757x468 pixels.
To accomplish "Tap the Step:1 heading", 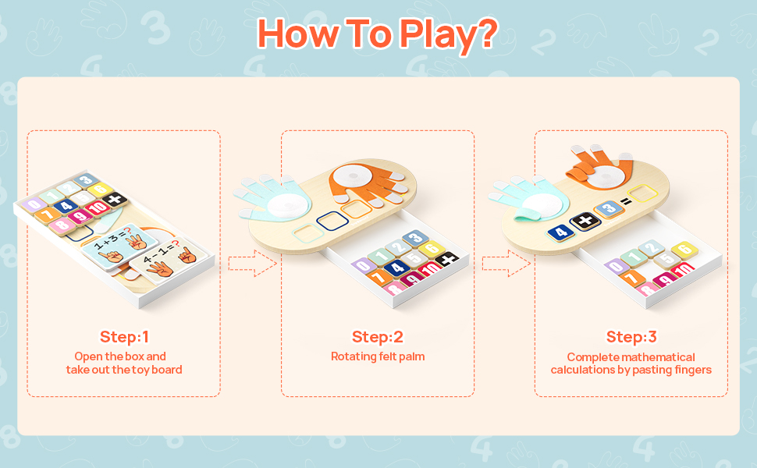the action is coord(124,337).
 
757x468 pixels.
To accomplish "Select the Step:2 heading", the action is coord(378,337).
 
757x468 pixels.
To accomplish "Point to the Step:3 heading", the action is coord(631,337).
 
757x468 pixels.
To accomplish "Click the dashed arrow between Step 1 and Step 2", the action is coord(253,264).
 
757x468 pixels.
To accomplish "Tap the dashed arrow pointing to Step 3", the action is coord(506,264).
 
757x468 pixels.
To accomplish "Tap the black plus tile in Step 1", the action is coord(115,199).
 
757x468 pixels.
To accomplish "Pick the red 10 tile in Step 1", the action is coord(98,208).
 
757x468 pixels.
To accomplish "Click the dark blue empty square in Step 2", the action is coord(332,222).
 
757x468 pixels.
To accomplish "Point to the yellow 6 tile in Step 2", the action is coord(432,249).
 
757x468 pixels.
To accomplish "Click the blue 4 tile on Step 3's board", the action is coord(561,232).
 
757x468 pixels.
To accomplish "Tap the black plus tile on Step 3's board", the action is coord(585,222).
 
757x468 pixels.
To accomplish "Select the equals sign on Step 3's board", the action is coord(626,201).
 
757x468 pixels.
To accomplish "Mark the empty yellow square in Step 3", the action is coord(642,193).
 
